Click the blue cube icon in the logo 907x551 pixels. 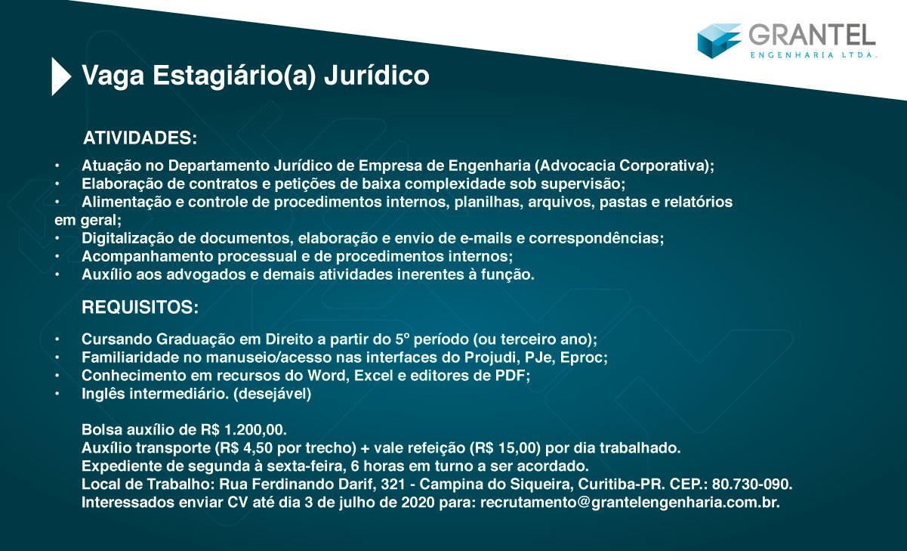click(719, 41)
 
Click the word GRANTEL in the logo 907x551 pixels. click(812, 36)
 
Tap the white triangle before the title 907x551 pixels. click(61, 76)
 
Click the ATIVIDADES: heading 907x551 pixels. click(140, 138)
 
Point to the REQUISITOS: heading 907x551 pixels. click(140, 307)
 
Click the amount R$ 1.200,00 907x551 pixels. click(244, 429)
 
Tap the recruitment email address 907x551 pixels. click(630, 503)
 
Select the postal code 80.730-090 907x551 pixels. click(752, 484)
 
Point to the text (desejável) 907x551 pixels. click(272, 394)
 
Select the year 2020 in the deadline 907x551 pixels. click(418, 503)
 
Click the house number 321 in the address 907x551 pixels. click(393, 484)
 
